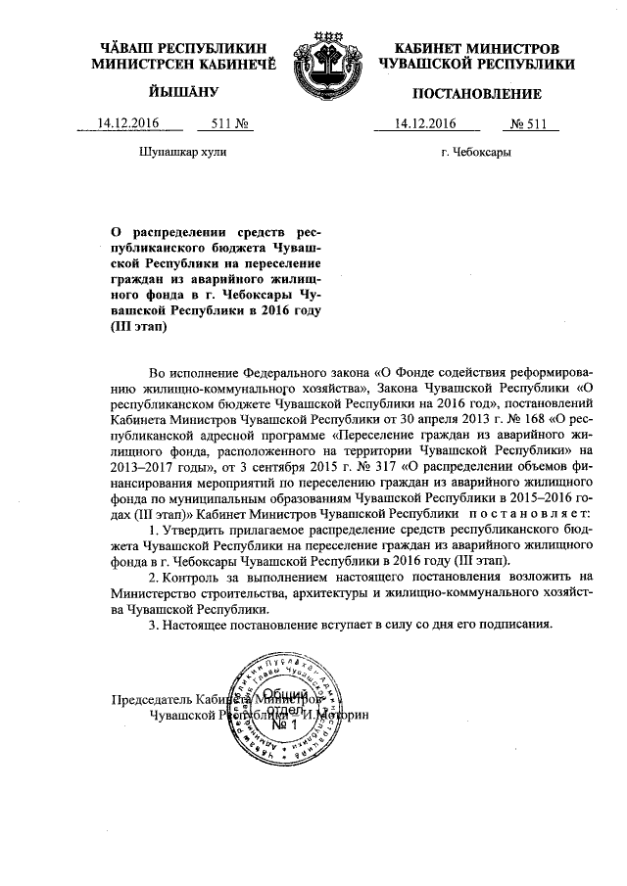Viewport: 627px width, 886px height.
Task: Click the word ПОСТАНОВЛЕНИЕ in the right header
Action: pyautogui.click(x=476, y=94)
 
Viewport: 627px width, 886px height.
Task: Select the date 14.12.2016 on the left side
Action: pyautogui.click(x=126, y=124)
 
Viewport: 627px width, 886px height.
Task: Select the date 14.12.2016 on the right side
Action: pyautogui.click(x=424, y=124)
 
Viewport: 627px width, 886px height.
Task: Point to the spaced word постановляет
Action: pyautogui.click(x=529, y=513)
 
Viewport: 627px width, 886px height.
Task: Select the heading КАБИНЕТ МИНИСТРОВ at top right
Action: pyautogui.click(x=476, y=48)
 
